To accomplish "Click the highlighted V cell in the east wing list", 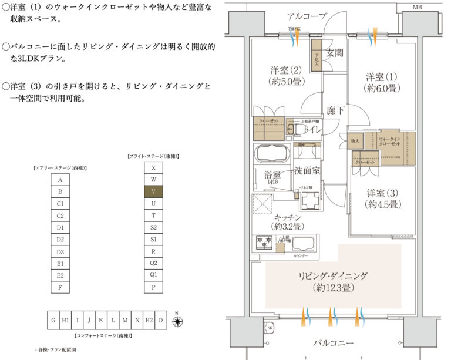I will click(153, 191).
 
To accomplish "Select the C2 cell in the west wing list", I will click(60, 216).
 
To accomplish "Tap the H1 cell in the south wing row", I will click(65, 320).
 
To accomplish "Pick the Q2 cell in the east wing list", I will click(153, 263).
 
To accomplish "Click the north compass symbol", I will click(176, 321).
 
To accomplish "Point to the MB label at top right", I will click(418, 8).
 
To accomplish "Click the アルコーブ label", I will click(307, 16).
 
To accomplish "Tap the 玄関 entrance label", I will click(335, 53).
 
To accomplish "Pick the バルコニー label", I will click(332, 343).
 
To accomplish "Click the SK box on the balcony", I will click(270, 328).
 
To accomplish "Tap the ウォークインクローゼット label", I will click(389, 142).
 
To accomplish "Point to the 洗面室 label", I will click(307, 171).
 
